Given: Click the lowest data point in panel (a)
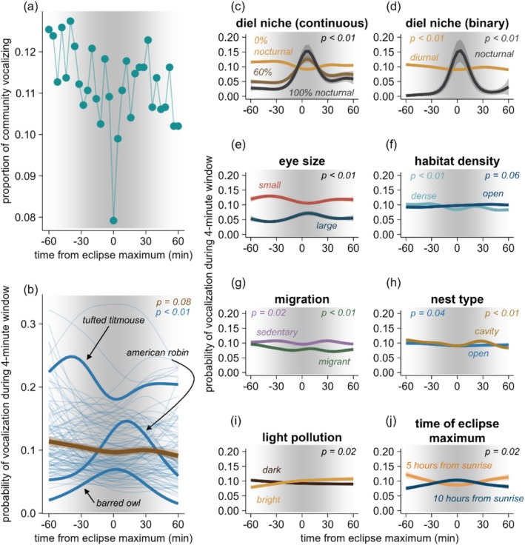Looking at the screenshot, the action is pos(113,221).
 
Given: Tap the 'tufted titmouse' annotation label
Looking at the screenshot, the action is pos(113,320).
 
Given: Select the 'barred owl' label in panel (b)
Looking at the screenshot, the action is pos(118,503).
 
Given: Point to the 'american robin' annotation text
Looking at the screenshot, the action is pos(158,352).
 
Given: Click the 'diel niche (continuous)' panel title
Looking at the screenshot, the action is pos(302,23).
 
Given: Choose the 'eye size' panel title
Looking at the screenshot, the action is pos(302,161).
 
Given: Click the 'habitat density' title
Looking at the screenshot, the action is pos(457,161).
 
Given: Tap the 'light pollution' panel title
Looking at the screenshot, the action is pos(302,437).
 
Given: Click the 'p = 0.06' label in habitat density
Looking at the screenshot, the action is pos(502,175).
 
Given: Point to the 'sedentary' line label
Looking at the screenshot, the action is pos(277,332).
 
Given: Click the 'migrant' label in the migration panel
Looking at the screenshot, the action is pos(334,361).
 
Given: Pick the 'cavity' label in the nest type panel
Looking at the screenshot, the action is pos(486,331).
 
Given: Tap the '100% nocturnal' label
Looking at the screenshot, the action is pos(321,93).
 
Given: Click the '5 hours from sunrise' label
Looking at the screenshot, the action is pos(449,465).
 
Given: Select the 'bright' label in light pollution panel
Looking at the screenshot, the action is pos(268,500).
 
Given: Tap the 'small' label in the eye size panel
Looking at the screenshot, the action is pos(270,185).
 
